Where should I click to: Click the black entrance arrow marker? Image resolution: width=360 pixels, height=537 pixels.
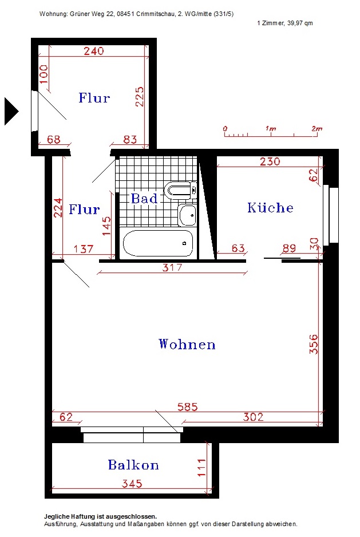point(11,111)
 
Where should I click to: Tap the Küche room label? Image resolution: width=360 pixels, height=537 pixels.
point(270,208)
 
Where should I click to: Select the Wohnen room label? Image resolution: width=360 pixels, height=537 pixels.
point(187,344)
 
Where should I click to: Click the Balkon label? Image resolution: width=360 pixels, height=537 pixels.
point(133,465)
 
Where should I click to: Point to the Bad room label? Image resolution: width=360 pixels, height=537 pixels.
point(144,199)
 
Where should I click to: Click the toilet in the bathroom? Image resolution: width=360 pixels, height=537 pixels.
point(180,190)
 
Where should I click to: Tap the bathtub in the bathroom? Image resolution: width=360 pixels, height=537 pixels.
point(158,243)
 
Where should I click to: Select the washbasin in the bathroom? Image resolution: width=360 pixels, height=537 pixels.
point(188,215)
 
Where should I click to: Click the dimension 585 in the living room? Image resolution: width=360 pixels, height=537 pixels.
point(188,406)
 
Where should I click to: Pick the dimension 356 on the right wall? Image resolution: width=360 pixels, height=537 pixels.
point(314,344)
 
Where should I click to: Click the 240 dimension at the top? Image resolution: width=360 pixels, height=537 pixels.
point(94,51)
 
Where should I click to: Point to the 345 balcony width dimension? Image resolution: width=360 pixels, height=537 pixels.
point(132,483)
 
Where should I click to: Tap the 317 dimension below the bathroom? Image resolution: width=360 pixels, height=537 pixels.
point(172,267)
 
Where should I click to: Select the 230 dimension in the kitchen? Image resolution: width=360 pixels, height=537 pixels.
point(270,161)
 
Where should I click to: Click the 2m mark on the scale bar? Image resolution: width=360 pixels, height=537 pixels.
point(317,129)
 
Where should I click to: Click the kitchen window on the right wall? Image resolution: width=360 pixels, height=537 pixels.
point(331,215)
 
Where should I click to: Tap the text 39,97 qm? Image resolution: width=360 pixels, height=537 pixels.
point(300,23)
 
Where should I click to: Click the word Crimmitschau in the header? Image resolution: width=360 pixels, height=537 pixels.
point(156,14)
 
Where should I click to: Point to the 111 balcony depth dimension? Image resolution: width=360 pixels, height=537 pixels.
point(201,468)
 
